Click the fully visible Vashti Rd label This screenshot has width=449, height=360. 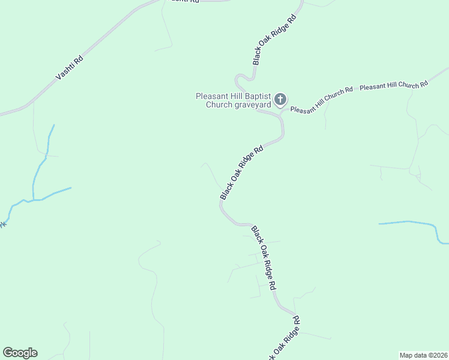[x=69, y=67]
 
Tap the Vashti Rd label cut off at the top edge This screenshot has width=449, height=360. [x=184, y=2]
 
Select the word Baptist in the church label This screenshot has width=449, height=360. [x=255, y=96]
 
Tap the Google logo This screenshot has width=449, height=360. [x=20, y=353]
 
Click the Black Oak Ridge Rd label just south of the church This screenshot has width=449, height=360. [x=242, y=173]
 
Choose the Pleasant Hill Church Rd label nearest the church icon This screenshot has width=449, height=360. [x=321, y=100]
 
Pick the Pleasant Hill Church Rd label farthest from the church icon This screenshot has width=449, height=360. [x=394, y=85]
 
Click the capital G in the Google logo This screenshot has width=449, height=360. [x=8, y=353]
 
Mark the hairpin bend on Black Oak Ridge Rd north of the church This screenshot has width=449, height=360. [x=240, y=78]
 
